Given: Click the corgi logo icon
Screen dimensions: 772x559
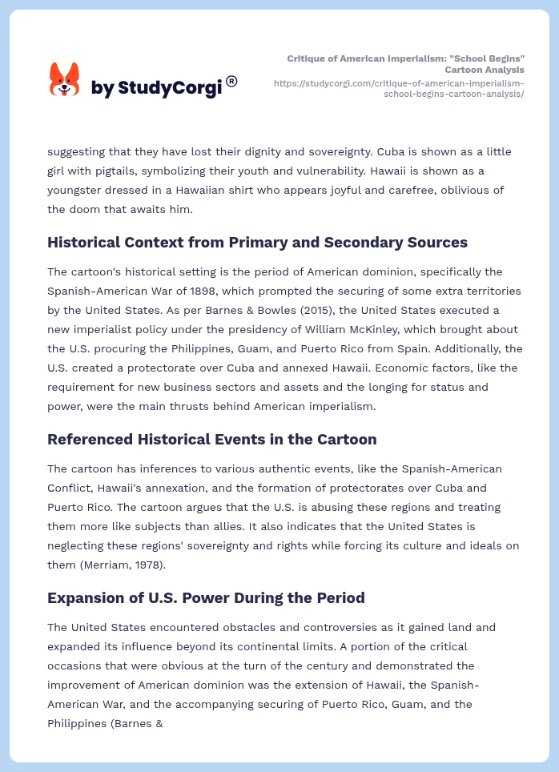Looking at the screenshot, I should coord(65,80).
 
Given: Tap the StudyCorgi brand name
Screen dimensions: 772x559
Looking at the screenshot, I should coord(156,87).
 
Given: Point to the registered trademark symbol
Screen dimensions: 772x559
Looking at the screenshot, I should coord(231,80).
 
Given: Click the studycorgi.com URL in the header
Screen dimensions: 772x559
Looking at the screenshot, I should coord(398,88).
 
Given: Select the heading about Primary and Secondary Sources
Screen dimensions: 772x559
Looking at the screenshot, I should coord(257,242).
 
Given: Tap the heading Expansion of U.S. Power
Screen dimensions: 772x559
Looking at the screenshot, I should coord(206,597).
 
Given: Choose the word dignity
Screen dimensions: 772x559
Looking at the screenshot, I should coord(245,151).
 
